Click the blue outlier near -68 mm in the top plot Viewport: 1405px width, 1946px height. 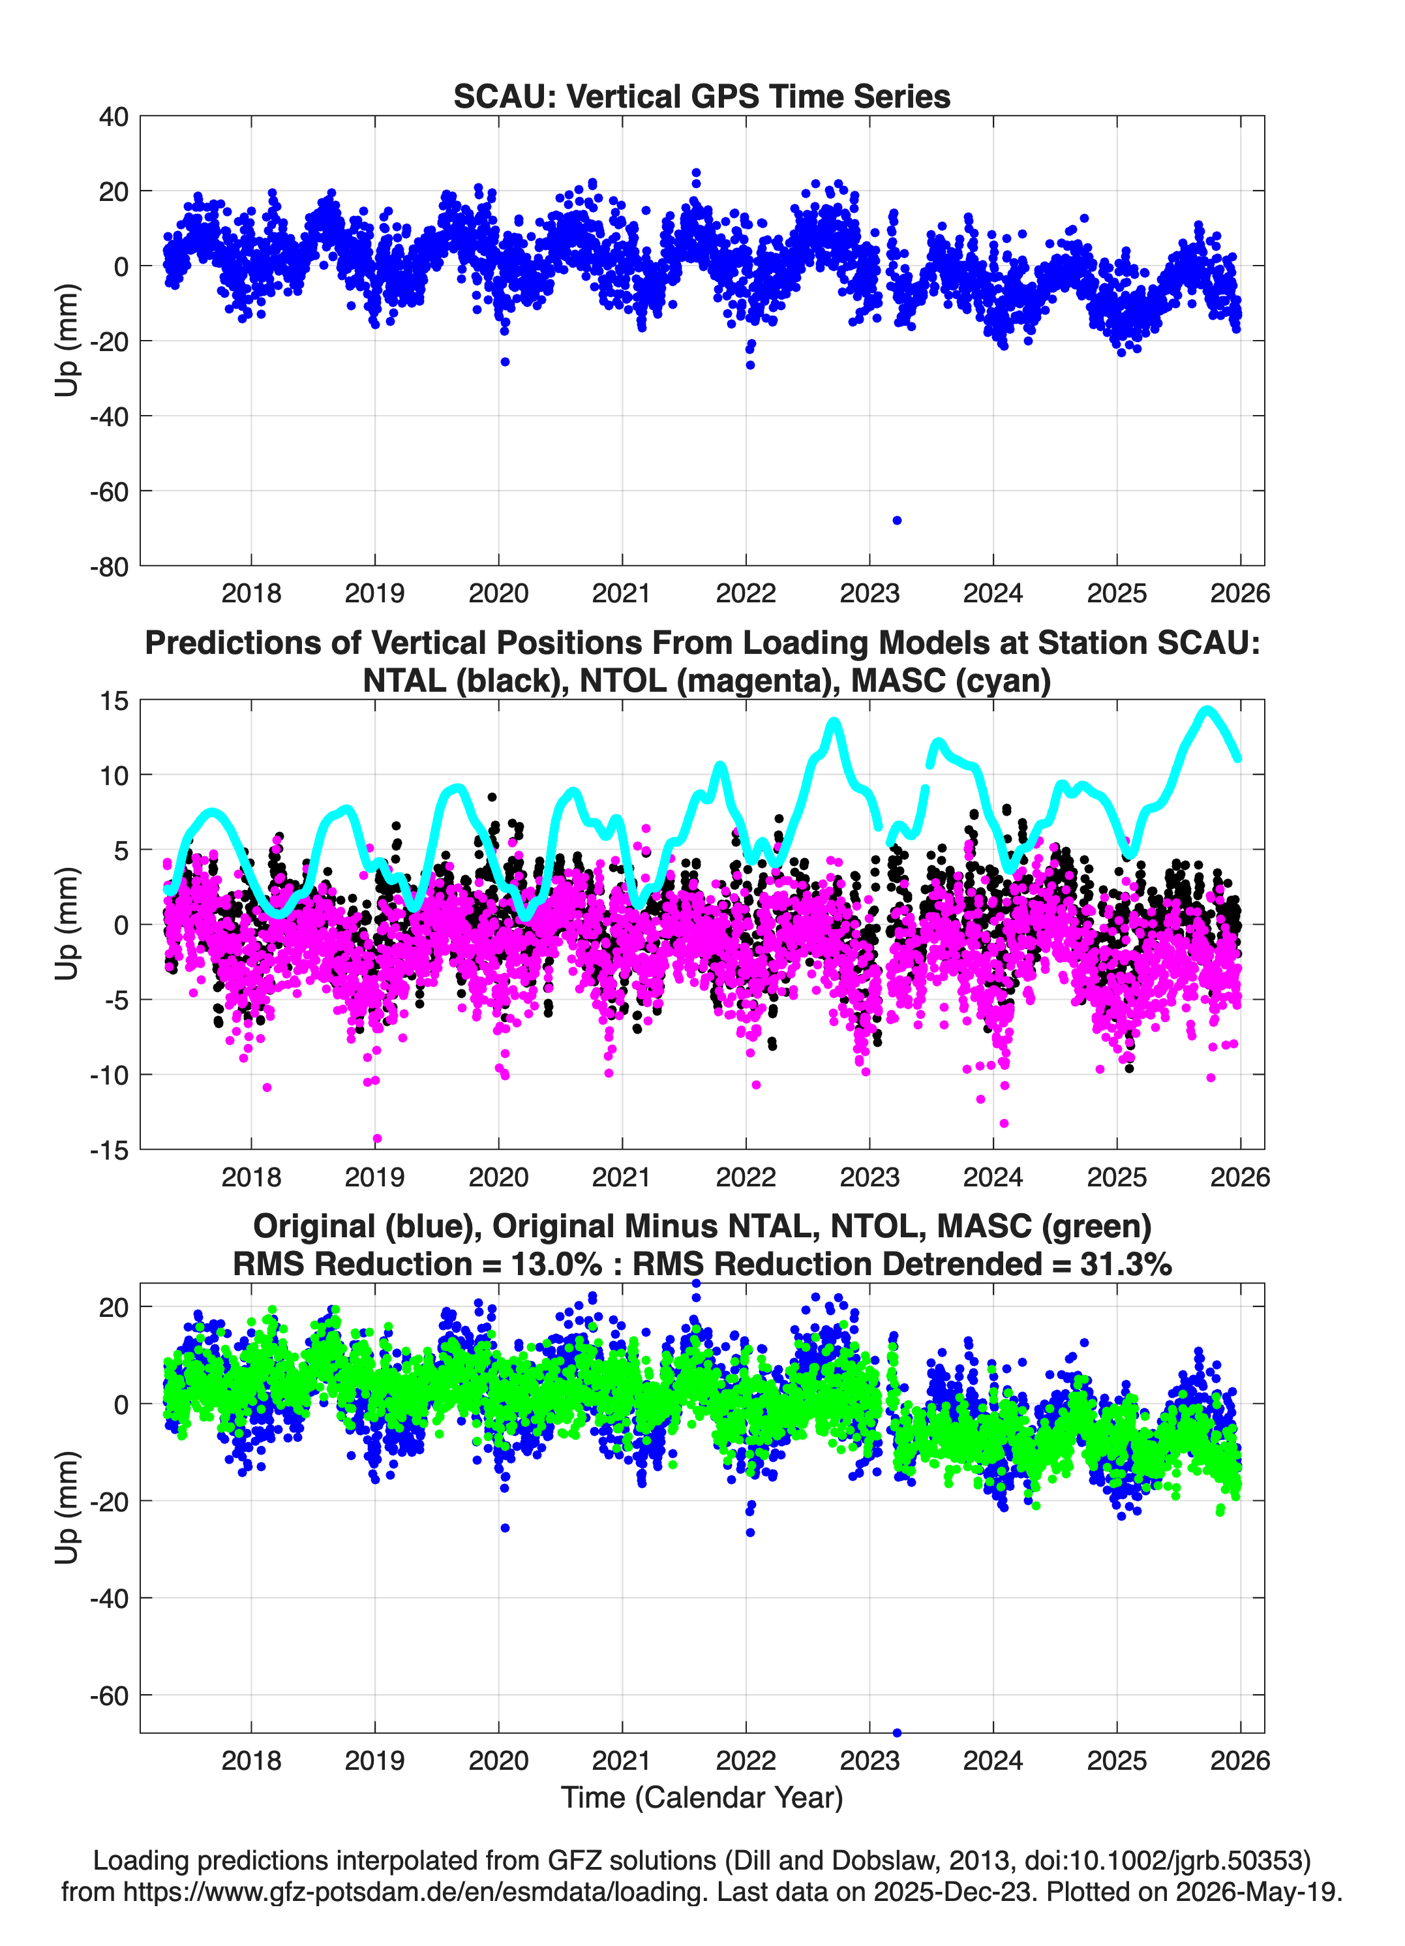(898, 521)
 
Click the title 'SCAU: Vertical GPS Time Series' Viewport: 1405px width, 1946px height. (702, 96)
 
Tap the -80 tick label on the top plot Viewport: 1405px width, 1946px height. (109, 567)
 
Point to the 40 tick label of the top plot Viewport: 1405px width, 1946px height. (114, 117)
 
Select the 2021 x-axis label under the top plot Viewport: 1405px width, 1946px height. (622, 593)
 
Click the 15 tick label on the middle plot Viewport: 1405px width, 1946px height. (114, 701)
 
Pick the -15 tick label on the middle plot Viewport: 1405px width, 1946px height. (109, 1150)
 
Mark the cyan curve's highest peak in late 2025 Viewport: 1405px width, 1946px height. (1207, 709)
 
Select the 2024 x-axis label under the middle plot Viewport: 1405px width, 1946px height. (993, 1177)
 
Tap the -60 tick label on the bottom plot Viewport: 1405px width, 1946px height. (109, 1695)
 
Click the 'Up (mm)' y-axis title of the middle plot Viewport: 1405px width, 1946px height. (67, 924)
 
